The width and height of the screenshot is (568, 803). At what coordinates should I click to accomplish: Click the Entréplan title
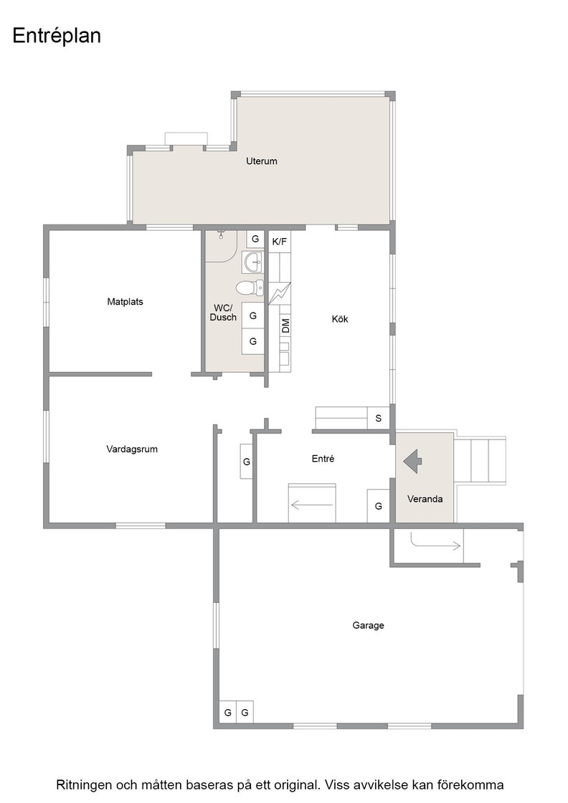[57, 37]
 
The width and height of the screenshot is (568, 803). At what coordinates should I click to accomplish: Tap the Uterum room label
[262, 161]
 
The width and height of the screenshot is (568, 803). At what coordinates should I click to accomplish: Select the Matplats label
[125, 302]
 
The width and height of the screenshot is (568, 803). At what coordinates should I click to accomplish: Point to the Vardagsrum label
[132, 449]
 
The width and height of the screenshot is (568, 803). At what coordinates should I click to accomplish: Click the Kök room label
[340, 319]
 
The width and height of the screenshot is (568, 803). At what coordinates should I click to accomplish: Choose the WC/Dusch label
[223, 313]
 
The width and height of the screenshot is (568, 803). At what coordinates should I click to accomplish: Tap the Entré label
[323, 459]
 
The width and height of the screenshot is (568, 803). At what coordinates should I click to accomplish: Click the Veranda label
[425, 499]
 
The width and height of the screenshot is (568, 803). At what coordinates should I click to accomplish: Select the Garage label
[368, 625]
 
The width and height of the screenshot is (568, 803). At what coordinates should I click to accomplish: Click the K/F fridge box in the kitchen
[280, 241]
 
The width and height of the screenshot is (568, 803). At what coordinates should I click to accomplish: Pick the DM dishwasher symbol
[285, 326]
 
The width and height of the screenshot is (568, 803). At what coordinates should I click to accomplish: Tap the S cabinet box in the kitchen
[379, 419]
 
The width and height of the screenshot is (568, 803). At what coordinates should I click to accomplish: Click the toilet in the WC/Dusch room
[250, 288]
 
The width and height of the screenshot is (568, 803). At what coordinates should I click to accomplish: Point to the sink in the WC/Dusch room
[253, 262]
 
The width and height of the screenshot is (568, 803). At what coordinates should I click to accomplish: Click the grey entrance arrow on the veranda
[413, 462]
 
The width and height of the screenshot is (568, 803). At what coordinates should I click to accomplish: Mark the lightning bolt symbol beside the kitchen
[279, 294]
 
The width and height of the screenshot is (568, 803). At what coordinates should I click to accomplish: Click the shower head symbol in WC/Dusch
[222, 234]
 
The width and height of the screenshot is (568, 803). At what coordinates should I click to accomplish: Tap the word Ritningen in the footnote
[82, 785]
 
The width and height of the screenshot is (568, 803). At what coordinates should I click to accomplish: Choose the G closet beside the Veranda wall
[379, 506]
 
